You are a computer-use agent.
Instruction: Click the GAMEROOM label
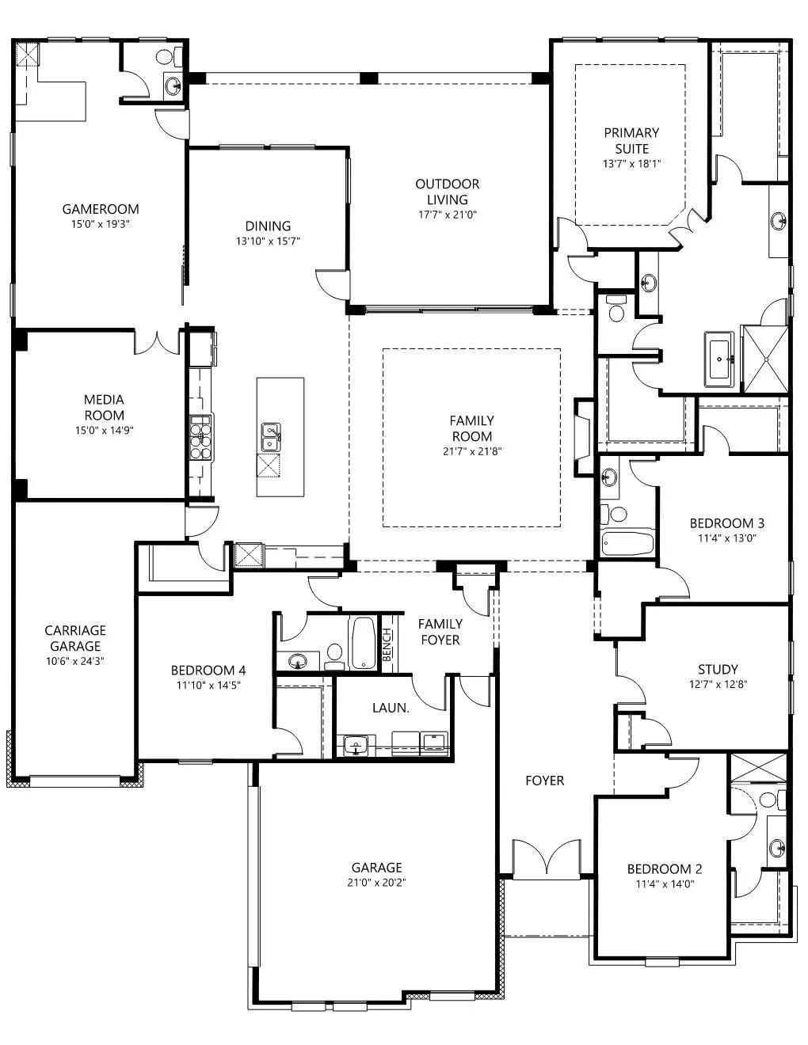coord(101,209)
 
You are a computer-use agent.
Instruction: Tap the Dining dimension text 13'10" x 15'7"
coord(268,241)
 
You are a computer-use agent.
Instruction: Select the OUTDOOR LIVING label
coord(448,192)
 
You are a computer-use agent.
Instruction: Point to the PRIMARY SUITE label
coord(631,140)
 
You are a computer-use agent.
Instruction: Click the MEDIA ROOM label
coord(104,408)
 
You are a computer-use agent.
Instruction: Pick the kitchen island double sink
coord(271,437)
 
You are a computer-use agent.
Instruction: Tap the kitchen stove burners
coord(200,438)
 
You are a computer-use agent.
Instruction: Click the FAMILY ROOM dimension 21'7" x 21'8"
coord(472,451)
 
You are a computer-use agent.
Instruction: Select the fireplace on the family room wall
coord(583,438)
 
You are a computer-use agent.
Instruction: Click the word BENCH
coord(387,644)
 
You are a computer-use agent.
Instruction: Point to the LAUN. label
coord(391,708)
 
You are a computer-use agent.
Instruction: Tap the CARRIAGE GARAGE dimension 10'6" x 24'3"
coord(75,661)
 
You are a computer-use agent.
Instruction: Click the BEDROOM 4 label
coord(208,670)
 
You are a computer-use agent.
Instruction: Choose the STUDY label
coord(718,669)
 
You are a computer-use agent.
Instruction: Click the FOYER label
coord(545,780)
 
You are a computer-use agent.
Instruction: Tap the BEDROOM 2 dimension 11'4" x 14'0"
coord(665,883)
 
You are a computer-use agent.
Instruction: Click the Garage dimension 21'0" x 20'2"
coord(376,883)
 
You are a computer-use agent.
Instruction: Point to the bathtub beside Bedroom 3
coord(627,543)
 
